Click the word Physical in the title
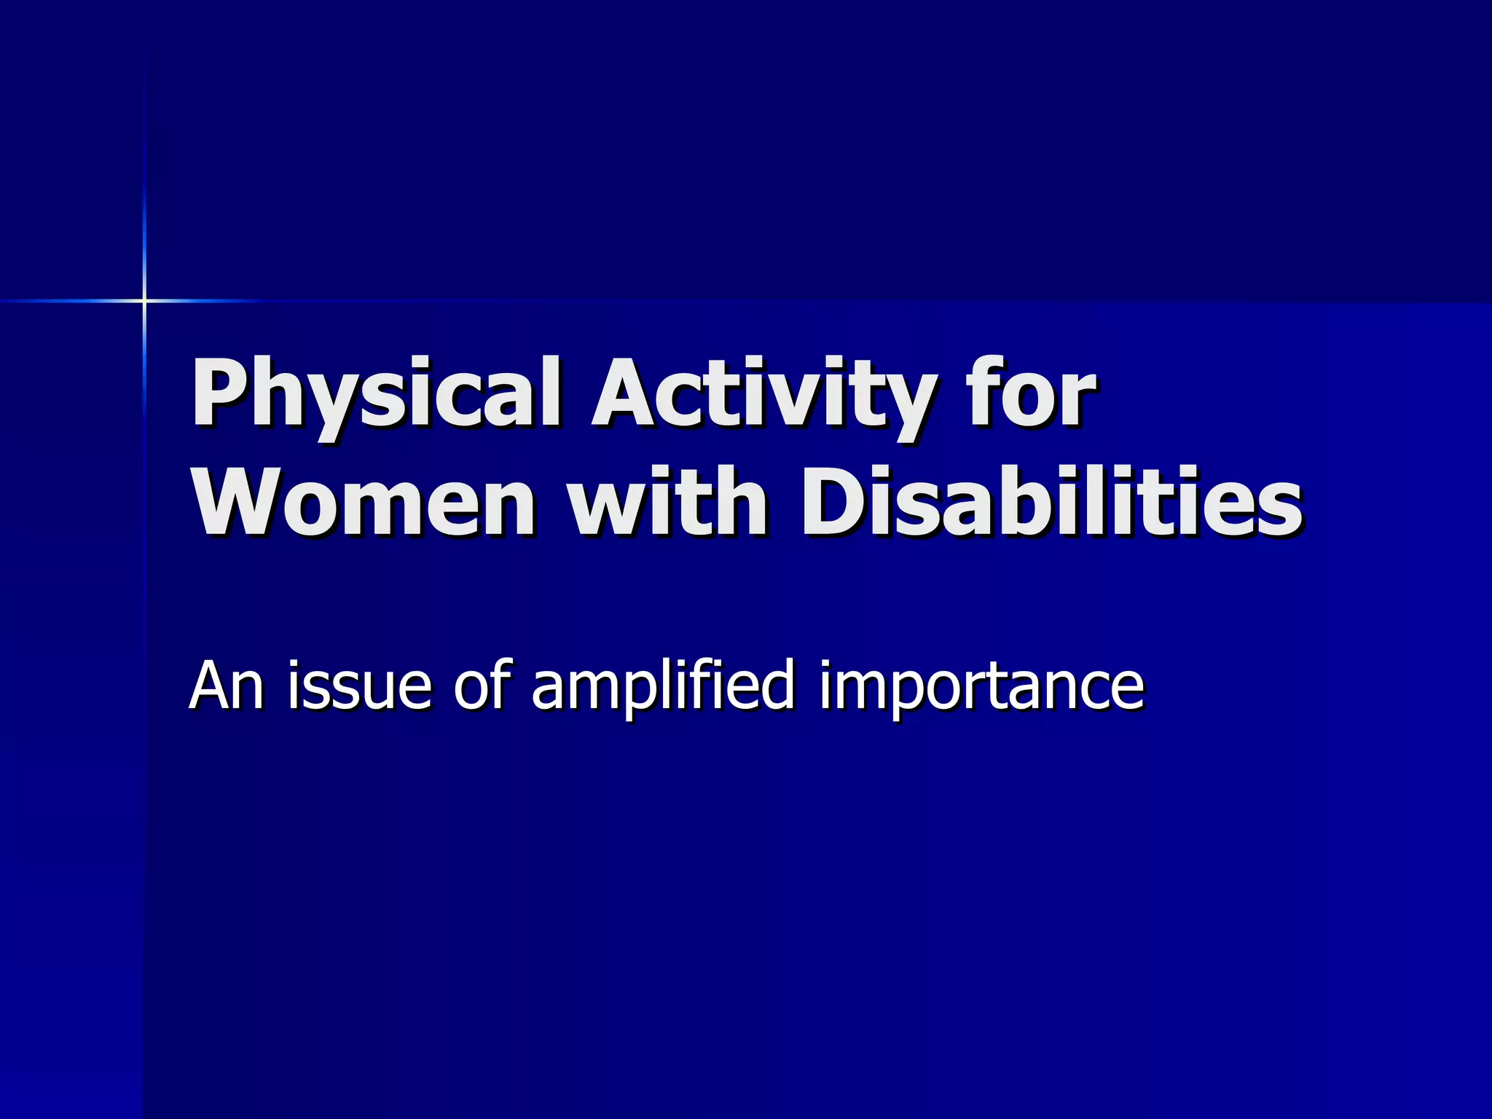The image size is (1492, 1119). coord(375,394)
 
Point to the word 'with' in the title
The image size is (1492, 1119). coord(667,503)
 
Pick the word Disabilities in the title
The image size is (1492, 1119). coord(1052,503)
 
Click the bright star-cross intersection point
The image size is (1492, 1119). coord(144,300)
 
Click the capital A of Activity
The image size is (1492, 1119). coord(627,394)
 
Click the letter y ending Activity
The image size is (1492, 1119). coord(907,404)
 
